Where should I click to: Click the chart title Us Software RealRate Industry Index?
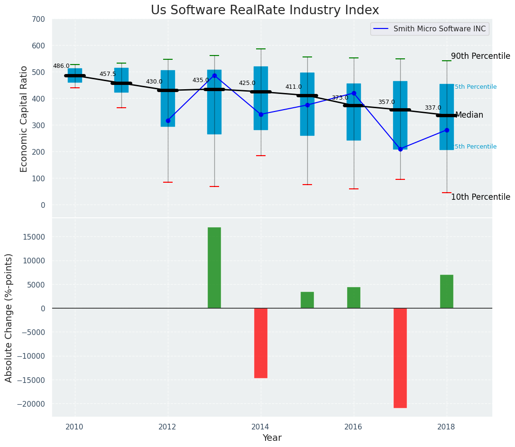[x=265, y=10]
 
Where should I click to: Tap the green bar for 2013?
[x=214, y=268]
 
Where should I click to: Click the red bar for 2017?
[x=400, y=358]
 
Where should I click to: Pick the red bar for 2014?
[x=261, y=343]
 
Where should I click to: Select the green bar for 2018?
[x=447, y=291]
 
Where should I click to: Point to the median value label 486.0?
[x=61, y=66]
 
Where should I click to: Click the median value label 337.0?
[x=433, y=108]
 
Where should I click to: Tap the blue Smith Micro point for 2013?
[x=214, y=75]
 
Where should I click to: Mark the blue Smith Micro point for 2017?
[x=400, y=149]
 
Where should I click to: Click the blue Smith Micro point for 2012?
[x=168, y=121]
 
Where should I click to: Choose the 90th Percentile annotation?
[x=480, y=56]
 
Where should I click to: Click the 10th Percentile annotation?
[x=480, y=197]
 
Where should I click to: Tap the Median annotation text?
[x=469, y=115]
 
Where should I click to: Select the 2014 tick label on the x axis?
[x=260, y=427]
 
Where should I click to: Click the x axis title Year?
[x=272, y=438]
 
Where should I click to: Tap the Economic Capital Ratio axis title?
[x=24, y=119]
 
